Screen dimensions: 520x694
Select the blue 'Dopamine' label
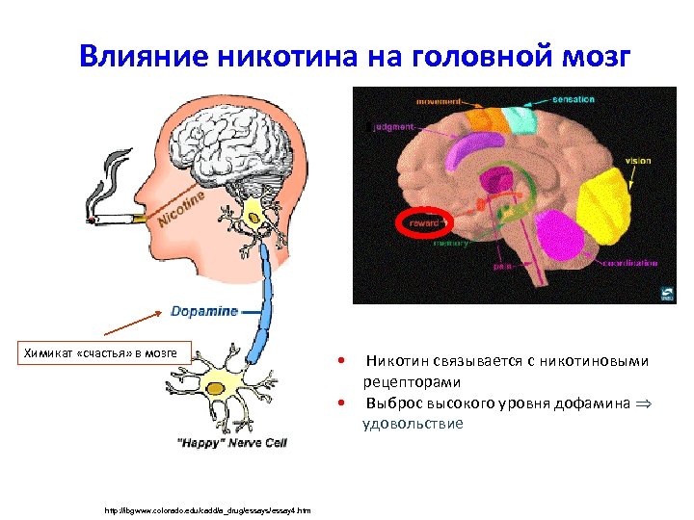[x=204, y=311]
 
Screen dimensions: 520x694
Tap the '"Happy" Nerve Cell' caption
[x=232, y=443]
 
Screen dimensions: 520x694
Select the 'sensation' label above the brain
[x=573, y=99]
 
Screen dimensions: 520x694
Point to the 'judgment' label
[x=391, y=126]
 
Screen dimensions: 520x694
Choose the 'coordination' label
[x=630, y=262]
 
